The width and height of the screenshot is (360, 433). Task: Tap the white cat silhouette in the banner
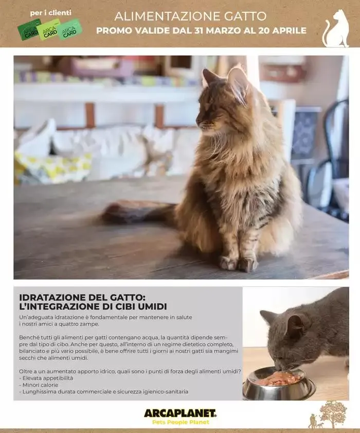336,28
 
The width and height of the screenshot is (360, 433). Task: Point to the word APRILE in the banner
290,31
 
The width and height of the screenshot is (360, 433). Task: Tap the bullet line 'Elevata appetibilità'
46,378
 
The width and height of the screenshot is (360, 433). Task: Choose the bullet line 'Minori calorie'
39,385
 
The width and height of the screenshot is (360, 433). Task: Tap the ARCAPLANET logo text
180,413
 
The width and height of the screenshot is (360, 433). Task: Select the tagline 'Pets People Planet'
181,422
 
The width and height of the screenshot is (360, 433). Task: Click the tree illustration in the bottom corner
333,413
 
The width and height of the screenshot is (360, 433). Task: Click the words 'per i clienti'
50,13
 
